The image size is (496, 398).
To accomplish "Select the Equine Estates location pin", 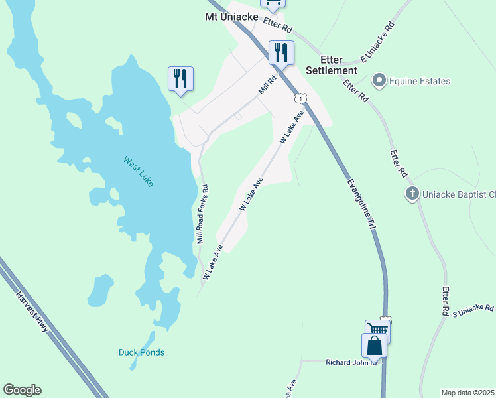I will point(379,81).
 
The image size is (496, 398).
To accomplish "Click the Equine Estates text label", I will point(420,82).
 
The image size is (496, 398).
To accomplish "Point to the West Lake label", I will point(138,171).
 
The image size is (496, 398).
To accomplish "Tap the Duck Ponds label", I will point(141,352).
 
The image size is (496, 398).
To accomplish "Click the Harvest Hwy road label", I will point(32,312).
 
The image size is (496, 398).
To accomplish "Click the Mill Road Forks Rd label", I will point(202,214).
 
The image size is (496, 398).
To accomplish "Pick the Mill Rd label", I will point(267,84).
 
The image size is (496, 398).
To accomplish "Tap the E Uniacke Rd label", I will point(377,41).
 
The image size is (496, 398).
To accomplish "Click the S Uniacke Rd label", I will point(473,309).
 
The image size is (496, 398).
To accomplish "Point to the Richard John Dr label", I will point(351,362).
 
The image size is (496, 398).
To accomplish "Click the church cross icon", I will point(412,194).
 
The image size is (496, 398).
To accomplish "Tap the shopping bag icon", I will point(374,346).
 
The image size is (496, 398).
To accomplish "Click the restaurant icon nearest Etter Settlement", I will point(281,52).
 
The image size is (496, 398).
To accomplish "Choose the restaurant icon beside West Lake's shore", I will point(180,78).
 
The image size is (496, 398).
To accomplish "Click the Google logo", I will point(22,390).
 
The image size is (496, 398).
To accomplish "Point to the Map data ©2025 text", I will point(467,393).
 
